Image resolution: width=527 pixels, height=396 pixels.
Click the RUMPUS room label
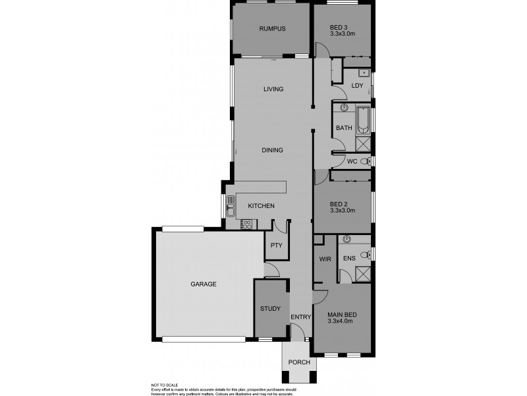272,28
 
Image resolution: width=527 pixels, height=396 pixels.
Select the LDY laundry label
357,86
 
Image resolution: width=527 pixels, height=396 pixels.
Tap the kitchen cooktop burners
247,224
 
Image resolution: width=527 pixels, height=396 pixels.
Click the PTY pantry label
277,246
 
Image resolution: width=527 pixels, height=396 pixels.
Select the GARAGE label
204,284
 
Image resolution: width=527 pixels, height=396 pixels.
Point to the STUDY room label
270,308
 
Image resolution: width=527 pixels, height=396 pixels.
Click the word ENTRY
300,317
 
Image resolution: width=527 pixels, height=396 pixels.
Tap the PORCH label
299,362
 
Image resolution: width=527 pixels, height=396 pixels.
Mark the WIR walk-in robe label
324,259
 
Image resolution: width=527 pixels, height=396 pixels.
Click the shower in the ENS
362,273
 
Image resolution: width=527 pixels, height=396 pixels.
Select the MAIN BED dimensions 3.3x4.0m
341,321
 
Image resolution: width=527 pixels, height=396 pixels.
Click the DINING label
272,150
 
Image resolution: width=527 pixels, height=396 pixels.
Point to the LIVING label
273,89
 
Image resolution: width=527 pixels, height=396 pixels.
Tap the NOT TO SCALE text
164,385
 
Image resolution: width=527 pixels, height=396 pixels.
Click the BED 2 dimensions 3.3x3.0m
343,211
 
